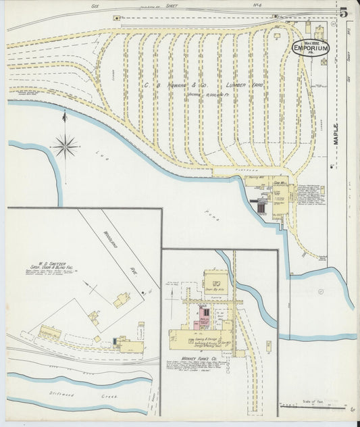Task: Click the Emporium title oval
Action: click(310, 49)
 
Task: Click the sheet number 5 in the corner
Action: click(344, 12)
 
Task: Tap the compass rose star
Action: click(66, 145)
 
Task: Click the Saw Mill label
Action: click(280, 182)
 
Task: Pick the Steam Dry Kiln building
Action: click(215, 278)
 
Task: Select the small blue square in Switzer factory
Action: click(115, 341)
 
